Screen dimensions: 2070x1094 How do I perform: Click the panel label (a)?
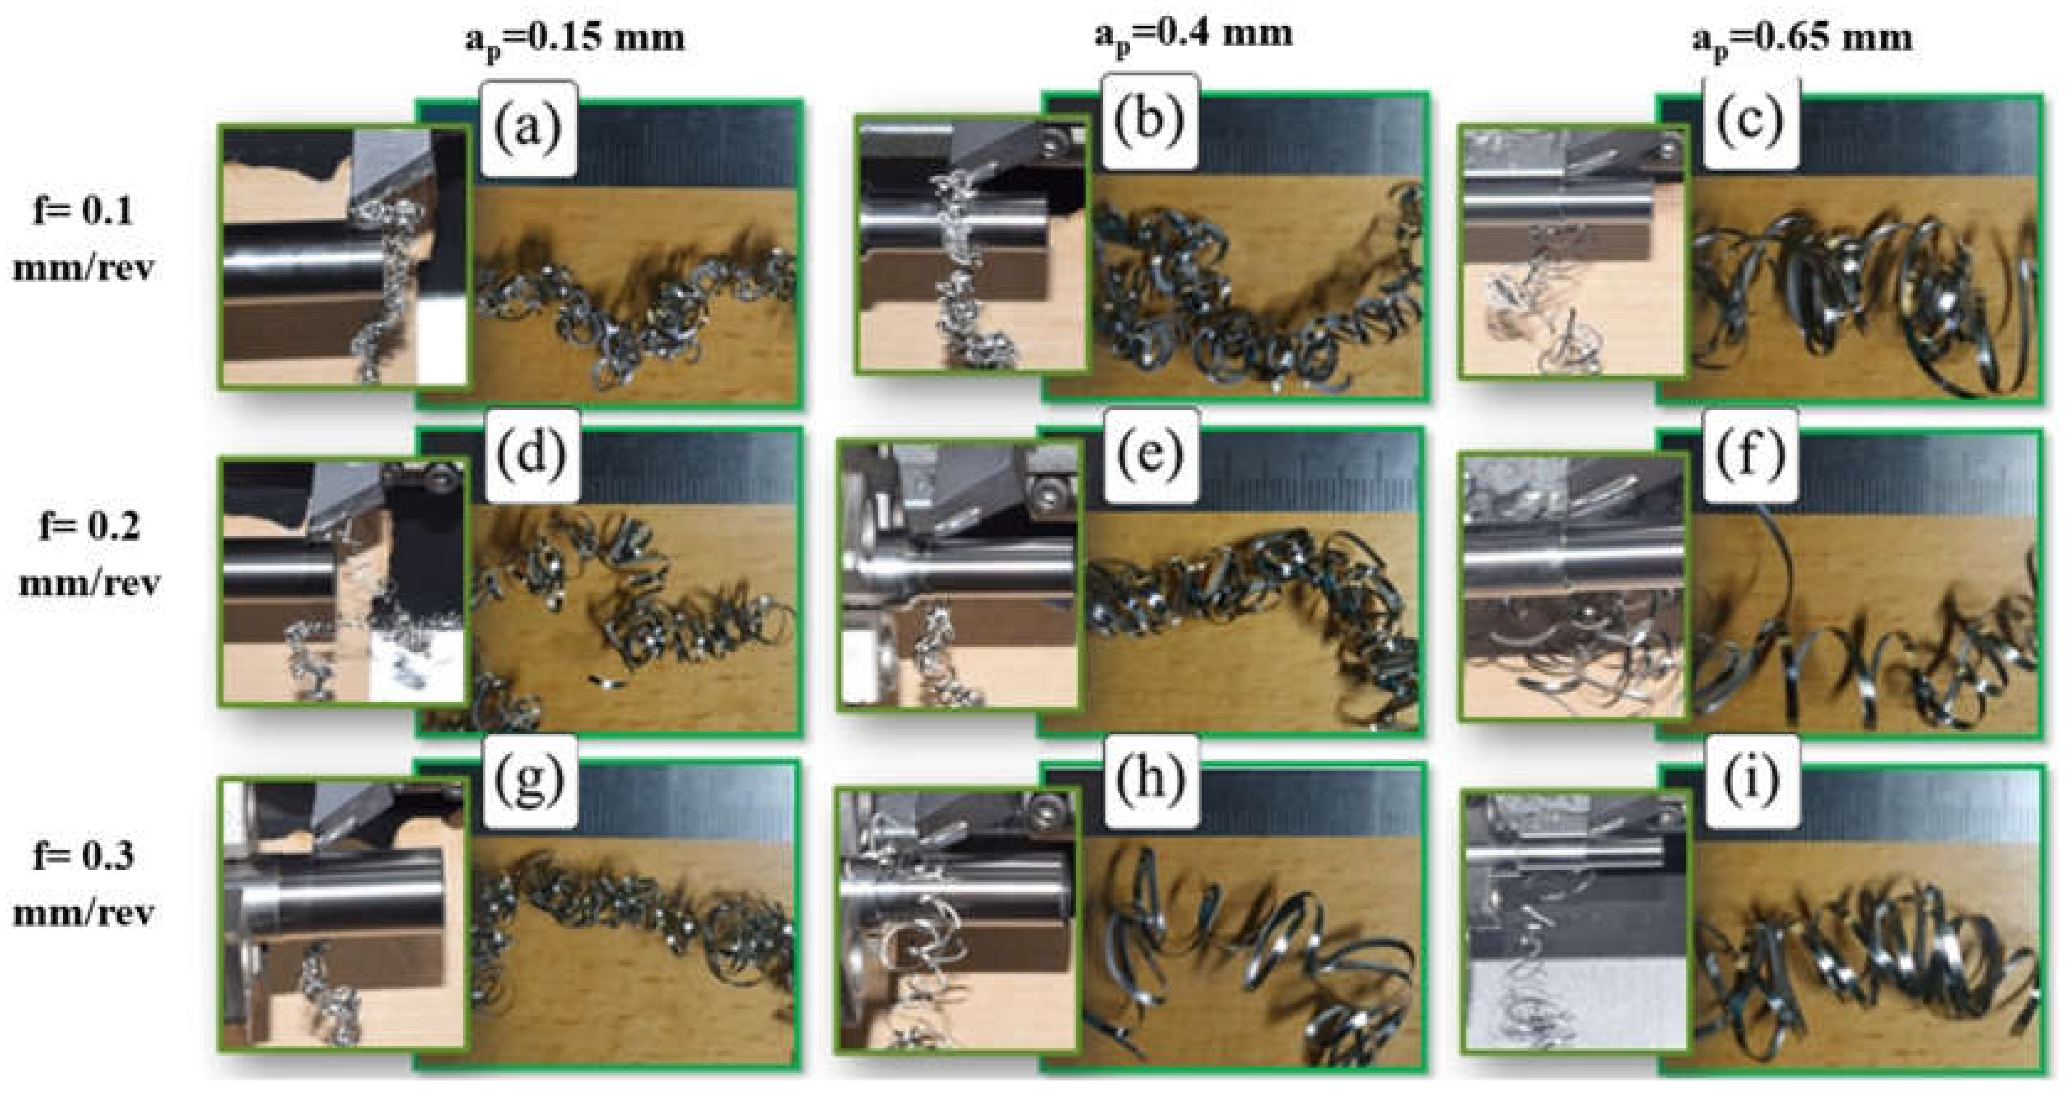point(529,128)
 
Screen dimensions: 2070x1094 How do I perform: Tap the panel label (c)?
point(1750,122)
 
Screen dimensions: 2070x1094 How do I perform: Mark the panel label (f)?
point(1750,458)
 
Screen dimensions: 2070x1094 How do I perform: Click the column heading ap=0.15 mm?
point(576,40)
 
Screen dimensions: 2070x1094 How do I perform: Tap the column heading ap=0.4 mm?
point(1194,36)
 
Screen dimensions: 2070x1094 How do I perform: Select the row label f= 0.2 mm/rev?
point(89,554)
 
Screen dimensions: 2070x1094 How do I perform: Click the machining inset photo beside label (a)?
point(343,257)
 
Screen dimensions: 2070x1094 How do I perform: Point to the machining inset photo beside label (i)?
point(1573,921)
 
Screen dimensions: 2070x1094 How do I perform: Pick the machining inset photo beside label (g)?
point(343,915)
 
